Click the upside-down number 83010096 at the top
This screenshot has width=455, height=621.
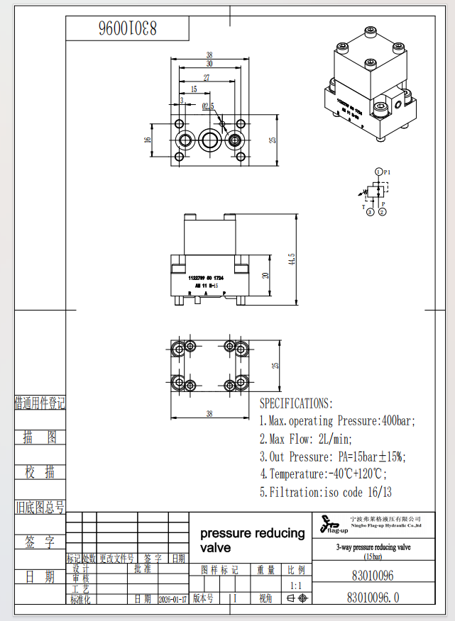point(128,29)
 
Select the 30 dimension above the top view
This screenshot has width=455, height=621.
point(209,64)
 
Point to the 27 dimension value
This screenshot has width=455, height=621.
point(207,77)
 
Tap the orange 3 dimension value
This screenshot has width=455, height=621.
point(182,101)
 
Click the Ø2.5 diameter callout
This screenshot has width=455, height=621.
point(207,106)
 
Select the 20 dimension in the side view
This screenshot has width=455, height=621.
point(265,276)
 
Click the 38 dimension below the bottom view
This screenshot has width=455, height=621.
point(209,413)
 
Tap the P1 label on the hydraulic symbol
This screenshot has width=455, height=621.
point(387,172)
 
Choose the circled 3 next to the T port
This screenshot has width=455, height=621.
point(370,211)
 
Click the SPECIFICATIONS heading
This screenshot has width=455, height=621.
point(295,403)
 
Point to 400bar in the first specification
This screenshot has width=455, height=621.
point(396,421)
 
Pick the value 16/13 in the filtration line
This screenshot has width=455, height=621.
point(378,492)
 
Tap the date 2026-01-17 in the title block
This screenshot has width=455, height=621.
point(173,599)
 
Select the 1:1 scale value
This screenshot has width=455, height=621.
point(295,586)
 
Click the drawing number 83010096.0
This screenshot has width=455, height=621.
point(373,598)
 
